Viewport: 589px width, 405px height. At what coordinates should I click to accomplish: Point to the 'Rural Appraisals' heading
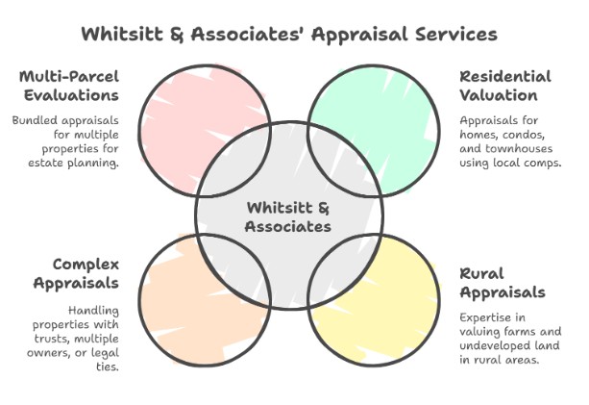[502, 282]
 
